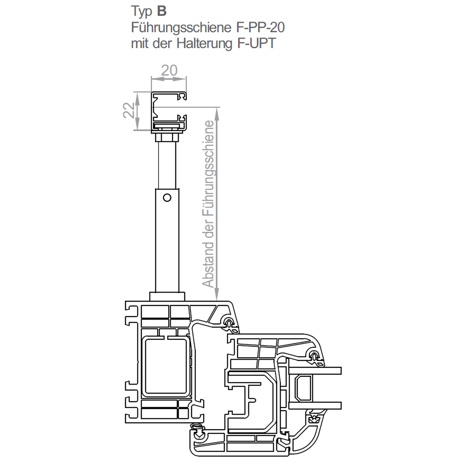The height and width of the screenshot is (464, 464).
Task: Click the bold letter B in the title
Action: pyautogui.click(x=162, y=12)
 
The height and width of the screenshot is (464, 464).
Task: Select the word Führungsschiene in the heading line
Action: pyautogui.click(x=181, y=27)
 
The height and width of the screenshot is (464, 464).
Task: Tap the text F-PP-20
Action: pyautogui.click(x=260, y=27)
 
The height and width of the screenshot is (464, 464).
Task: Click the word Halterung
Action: pyautogui.click(x=205, y=43)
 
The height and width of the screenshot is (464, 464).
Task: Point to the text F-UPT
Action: pyautogui.click(x=256, y=43)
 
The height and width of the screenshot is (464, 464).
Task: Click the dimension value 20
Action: pyautogui.click(x=169, y=70)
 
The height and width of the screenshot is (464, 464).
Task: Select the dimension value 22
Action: pyautogui.click(x=129, y=110)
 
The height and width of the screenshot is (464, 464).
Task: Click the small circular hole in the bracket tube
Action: pyautogui.click(x=167, y=198)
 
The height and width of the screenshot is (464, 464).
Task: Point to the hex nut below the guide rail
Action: pyautogui.click(x=167, y=137)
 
